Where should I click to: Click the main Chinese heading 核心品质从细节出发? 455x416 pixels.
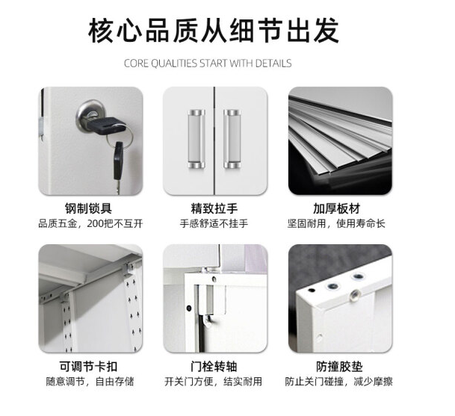pyautogui.click(x=214, y=30)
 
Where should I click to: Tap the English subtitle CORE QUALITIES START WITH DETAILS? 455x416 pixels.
pyautogui.click(x=208, y=63)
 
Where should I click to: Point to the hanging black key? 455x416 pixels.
pyautogui.click(x=118, y=167)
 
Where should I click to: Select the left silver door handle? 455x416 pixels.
pyautogui.click(x=196, y=139)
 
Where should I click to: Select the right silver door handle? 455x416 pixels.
pyautogui.click(x=232, y=139)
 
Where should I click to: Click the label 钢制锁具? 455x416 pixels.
pyautogui.click(x=88, y=208)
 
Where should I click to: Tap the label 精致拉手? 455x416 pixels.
pyautogui.click(x=214, y=208)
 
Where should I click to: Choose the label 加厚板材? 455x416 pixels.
pyautogui.click(x=337, y=208)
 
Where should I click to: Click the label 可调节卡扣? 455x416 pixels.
pyautogui.click(x=88, y=367)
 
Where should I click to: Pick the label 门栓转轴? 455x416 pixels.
pyautogui.click(x=214, y=367)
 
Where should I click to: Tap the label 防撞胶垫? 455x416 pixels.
pyautogui.click(x=339, y=367)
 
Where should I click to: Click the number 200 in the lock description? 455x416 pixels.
pyautogui.click(x=95, y=224)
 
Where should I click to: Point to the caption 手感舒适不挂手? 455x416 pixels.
pyautogui.click(x=214, y=223)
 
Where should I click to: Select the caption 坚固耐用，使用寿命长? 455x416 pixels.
pyautogui.click(x=336, y=223)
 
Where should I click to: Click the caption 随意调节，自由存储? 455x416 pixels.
pyautogui.click(x=90, y=381)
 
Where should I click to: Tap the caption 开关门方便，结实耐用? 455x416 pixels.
pyautogui.click(x=213, y=381)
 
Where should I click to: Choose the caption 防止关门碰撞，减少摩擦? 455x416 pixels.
pyautogui.click(x=338, y=381)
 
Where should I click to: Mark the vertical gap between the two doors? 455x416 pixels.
pyautogui.click(x=214, y=140)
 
